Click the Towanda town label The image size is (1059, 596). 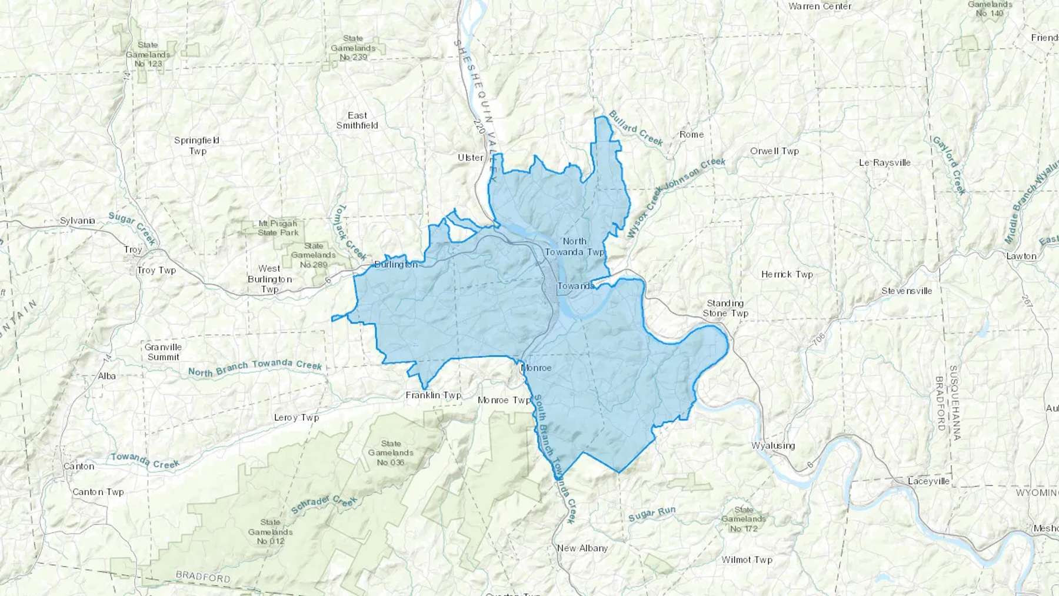[575, 286]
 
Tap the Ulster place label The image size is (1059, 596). [470, 158]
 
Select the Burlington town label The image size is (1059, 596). [396, 265]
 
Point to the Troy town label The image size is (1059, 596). [133, 249]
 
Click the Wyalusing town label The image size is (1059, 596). [773, 445]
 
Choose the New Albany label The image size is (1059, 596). [582, 548]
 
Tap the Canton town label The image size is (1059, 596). [79, 466]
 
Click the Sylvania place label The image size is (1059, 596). [78, 221]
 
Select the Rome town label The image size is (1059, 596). [691, 134]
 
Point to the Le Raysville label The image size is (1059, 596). [884, 162]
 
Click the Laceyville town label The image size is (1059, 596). [928, 481]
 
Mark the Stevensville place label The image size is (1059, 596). [907, 291]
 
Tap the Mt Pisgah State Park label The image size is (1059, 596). [278, 228]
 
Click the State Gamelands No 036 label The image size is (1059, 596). [391, 452]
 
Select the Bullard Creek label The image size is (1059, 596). [635, 128]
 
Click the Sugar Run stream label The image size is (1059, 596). [651, 514]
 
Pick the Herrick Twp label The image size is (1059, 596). [787, 274]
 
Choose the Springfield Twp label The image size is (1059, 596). [197, 145]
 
